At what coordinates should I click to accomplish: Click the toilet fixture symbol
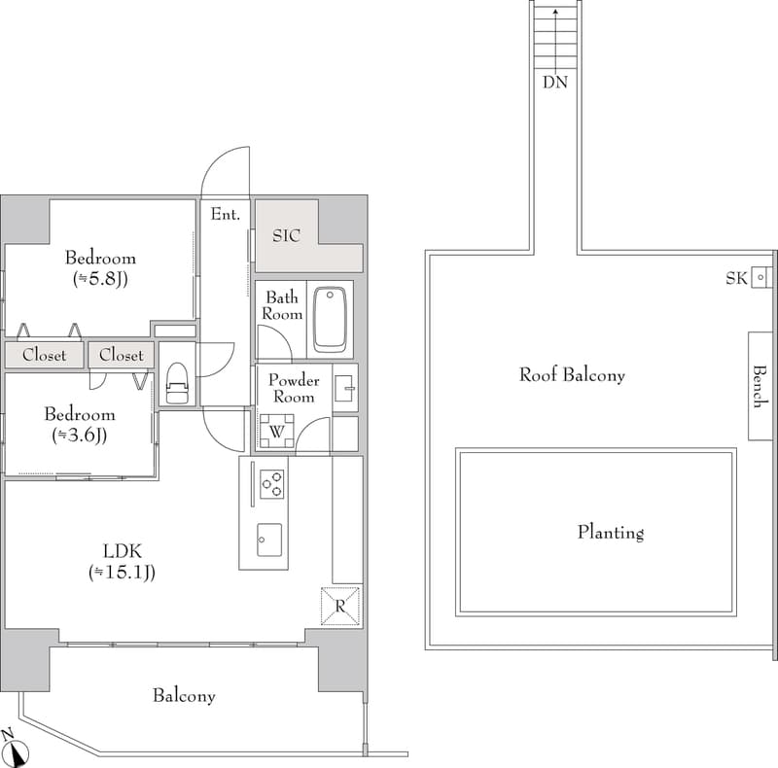[x=177, y=384]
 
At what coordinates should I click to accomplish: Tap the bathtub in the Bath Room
[x=331, y=319]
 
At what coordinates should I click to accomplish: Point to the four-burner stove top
[x=270, y=483]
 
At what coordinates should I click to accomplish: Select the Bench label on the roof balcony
[x=760, y=385]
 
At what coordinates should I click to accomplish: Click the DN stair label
[x=555, y=83]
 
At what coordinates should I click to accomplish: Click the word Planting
[x=611, y=532]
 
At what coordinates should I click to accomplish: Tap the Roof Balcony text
[x=572, y=374]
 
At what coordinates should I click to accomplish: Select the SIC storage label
[x=286, y=235]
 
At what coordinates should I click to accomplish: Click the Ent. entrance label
[x=225, y=215]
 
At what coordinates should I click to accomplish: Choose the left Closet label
[x=44, y=355]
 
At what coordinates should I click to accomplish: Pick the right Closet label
[x=121, y=355]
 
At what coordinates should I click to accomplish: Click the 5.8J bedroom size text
[x=101, y=279]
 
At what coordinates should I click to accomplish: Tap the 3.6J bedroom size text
[x=79, y=436]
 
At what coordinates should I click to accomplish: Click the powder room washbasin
[x=345, y=389]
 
